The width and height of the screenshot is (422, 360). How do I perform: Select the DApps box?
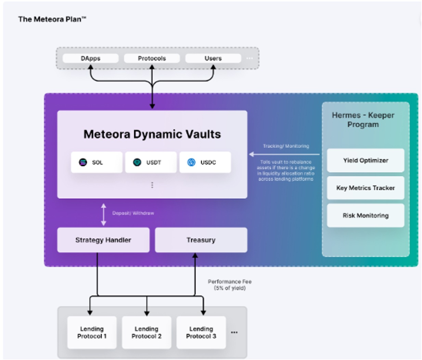tap(90, 58)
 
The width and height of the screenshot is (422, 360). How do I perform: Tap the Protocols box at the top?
tap(152, 58)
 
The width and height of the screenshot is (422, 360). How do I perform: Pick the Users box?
tap(213, 58)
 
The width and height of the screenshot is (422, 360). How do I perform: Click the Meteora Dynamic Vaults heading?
tap(152, 134)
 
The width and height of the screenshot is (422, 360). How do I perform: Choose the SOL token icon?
tap(83, 162)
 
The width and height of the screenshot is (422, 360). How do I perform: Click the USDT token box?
tap(151, 162)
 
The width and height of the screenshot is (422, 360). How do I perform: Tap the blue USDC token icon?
tap(191, 162)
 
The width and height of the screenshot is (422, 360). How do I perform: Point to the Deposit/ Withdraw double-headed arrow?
tap(103, 214)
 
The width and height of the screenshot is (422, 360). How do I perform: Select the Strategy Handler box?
tap(103, 240)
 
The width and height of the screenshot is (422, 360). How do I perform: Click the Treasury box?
tap(201, 240)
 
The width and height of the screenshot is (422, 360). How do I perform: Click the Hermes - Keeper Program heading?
tap(363, 120)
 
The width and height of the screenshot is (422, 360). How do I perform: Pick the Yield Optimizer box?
tap(365, 160)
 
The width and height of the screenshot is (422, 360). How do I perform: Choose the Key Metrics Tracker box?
tap(365, 188)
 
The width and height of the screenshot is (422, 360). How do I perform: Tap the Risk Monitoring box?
tap(365, 215)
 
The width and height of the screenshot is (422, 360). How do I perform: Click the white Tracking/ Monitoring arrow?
tap(284, 154)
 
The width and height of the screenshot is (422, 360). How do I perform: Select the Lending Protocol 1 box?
tap(92, 332)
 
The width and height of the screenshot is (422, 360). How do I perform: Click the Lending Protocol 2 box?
tap(146, 332)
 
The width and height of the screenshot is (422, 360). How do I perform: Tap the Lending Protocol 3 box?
tap(201, 332)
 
